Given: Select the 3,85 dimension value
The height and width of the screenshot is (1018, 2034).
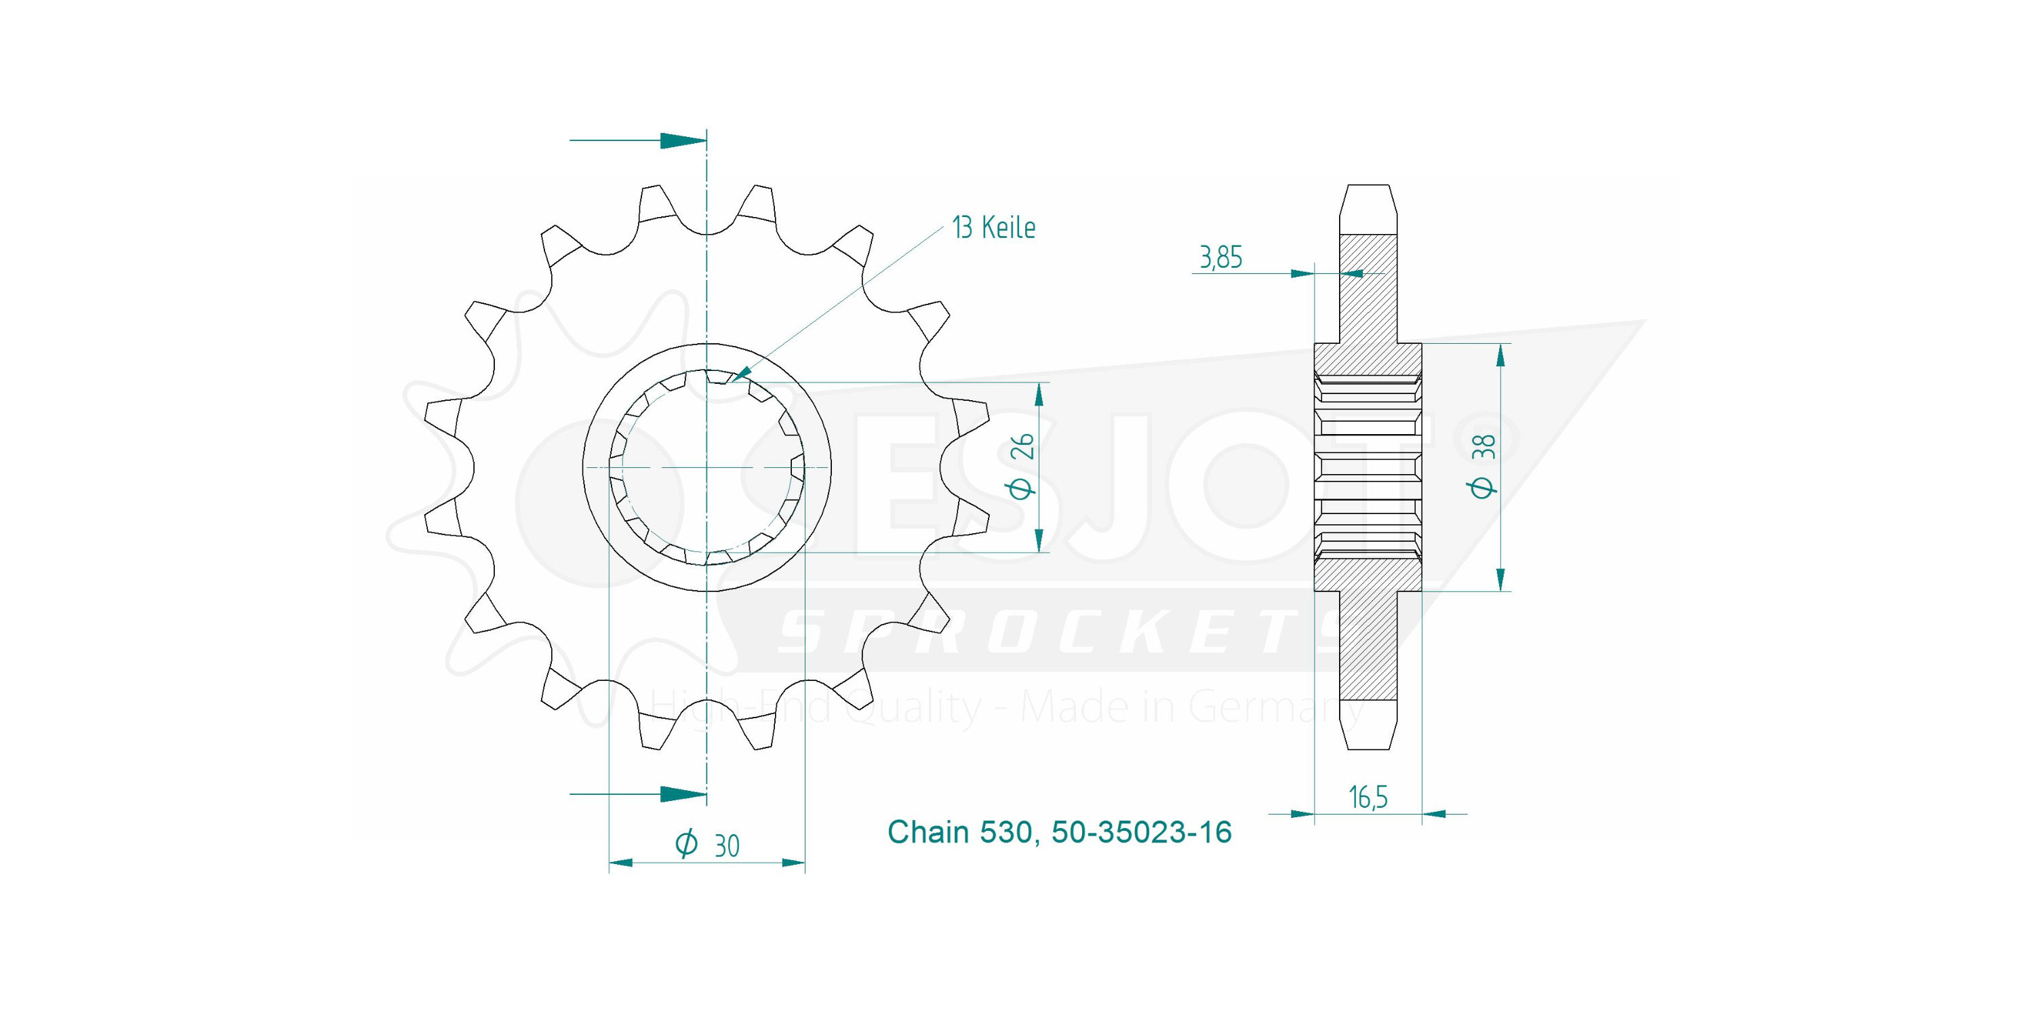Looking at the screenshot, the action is tap(1220, 258).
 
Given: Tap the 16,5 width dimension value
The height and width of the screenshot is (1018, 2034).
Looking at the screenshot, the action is tap(1368, 797).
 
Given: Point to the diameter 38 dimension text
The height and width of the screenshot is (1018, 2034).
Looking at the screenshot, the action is tap(1483, 466).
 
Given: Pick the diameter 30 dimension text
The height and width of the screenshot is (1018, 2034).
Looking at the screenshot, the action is tap(706, 845).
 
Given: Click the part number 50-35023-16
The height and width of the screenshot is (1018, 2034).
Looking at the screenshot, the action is tap(1141, 832).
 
